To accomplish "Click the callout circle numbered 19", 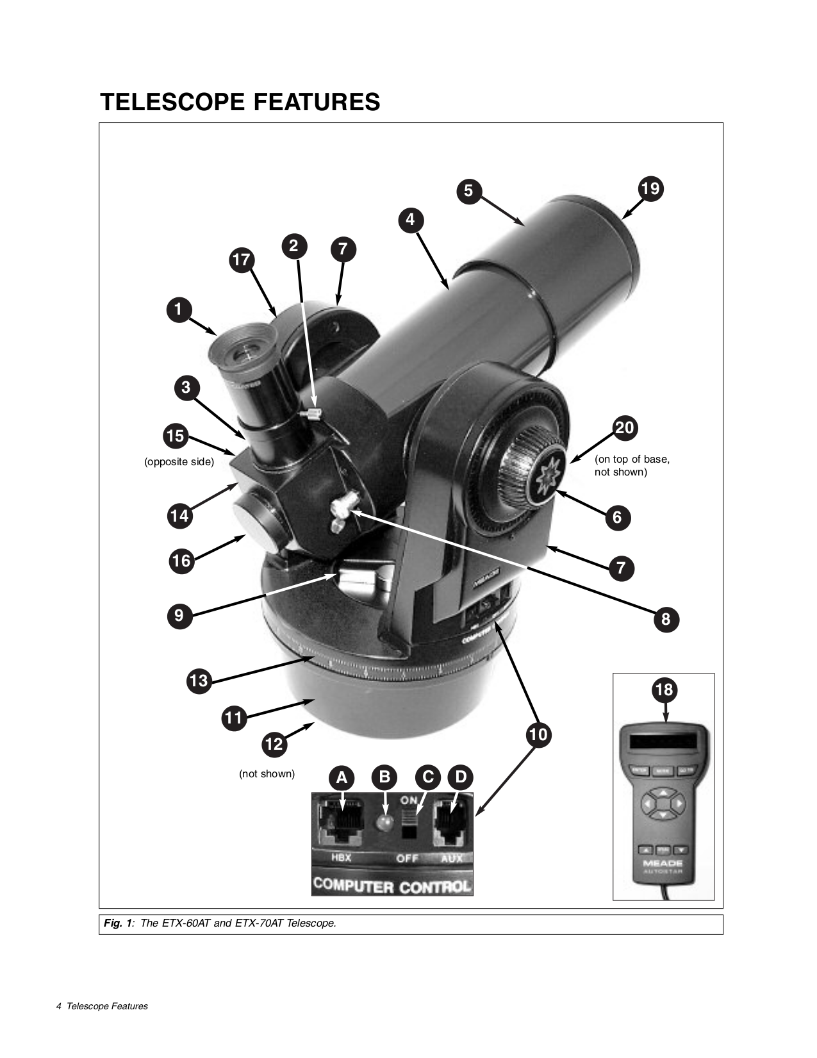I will click(x=650, y=188).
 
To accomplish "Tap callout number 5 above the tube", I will click(x=468, y=190).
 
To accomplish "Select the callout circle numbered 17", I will click(x=242, y=260).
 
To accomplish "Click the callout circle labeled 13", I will click(x=199, y=680).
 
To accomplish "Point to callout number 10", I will click(x=538, y=734).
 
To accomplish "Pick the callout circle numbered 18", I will click(x=664, y=690).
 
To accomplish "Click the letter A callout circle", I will click(x=342, y=778).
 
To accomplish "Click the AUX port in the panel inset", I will click(x=452, y=820).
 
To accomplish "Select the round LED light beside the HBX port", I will click(x=384, y=823).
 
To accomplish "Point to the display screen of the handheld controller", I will click(x=663, y=741).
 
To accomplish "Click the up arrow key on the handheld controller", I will click(x=664, y=793).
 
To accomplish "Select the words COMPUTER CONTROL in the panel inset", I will click(x=392, y=886).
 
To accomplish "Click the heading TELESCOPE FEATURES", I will click(x=240, y=103).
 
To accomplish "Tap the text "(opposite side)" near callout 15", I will click(x=179, y=462).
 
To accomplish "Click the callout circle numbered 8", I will click(x=665, y=619).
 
